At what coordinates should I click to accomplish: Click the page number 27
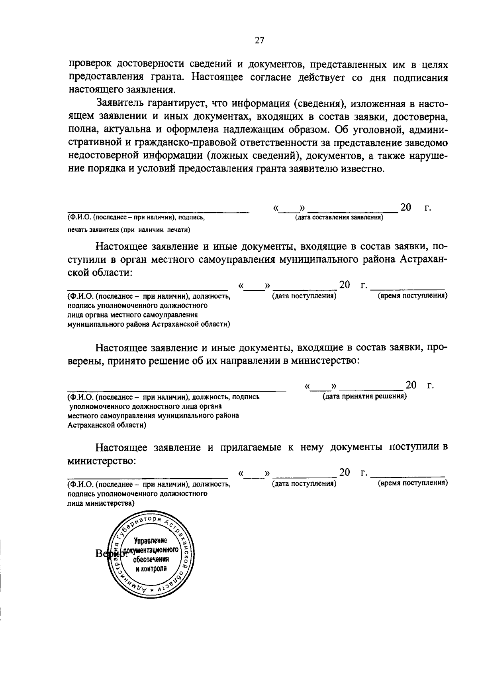(x=259, y=40)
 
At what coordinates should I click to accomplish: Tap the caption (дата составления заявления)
(x=339, y=218)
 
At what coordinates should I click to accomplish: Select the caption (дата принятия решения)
(x=364, y=396)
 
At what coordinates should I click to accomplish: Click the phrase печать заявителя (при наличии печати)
(x=129, y=230)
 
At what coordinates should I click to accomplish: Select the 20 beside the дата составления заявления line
(x=406, y=207)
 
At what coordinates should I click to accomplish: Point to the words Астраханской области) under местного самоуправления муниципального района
(x=107, y=425)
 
